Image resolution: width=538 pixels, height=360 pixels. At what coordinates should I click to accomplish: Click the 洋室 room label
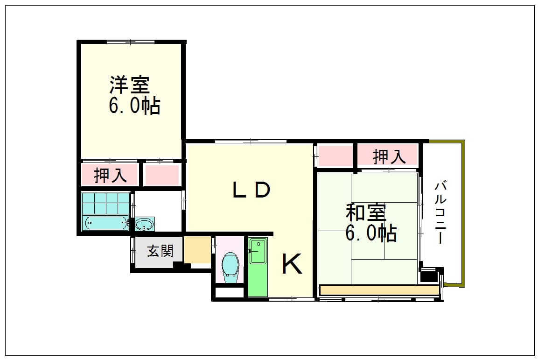coord(130,85)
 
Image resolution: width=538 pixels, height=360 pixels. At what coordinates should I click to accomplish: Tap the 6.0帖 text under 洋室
coord(134,106)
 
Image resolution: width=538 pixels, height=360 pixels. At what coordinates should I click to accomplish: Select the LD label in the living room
coord(252,190)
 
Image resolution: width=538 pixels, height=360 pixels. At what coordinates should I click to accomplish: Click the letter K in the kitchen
coord(292,263)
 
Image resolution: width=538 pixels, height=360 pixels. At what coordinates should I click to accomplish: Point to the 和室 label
coord(366,212)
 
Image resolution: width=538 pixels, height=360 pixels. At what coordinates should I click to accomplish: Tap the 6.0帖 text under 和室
coord(371,233)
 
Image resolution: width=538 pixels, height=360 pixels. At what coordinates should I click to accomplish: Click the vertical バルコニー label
coord(440,213)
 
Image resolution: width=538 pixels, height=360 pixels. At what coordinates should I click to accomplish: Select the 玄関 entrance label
coord(160,251)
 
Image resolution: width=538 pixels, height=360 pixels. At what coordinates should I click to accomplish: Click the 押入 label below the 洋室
coord(111,176)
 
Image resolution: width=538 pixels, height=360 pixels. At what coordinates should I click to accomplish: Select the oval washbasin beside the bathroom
coord(145,225)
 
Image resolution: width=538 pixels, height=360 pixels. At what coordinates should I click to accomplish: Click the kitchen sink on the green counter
coord(257,251)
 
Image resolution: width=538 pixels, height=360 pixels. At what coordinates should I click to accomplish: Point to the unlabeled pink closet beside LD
coord(335,156)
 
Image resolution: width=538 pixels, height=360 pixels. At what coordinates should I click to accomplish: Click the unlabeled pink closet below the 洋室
coord(162,176)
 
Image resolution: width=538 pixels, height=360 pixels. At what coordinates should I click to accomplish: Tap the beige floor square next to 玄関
coord(197,249)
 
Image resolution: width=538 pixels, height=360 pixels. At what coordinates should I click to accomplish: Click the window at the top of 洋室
coord(130,42)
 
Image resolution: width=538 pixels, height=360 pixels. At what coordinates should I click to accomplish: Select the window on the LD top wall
coord(251,141)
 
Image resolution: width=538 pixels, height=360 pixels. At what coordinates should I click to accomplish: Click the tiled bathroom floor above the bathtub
coord(106,204)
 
